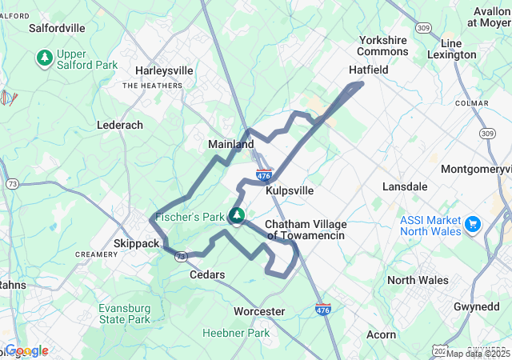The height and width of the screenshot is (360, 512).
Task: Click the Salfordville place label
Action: [x=57, y=27]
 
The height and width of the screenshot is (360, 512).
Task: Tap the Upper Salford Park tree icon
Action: [x=44, y=58]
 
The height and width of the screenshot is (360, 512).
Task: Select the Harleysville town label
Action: [x=164, y=70]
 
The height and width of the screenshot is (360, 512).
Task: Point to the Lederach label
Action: [x=120, y=126]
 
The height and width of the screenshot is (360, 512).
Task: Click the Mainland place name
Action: [x=231, y=144]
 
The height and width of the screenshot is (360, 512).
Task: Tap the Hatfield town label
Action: [x=368, y=70]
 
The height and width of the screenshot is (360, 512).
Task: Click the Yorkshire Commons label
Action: [x=383, y=46]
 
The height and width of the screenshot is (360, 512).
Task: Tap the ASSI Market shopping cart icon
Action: [x=472, y=223]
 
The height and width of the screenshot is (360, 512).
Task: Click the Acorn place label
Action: [x=381, y=334]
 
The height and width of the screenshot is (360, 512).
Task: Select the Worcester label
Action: [x=259, y=311]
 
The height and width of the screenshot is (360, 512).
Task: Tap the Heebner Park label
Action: [x=236, y=333]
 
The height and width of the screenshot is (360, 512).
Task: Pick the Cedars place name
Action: [x=206, y=274]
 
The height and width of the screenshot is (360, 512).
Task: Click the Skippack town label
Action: [x=138, y=242]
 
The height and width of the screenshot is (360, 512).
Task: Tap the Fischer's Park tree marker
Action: [x=237, y=215]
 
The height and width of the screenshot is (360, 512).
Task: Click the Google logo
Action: [x=26, y=350]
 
